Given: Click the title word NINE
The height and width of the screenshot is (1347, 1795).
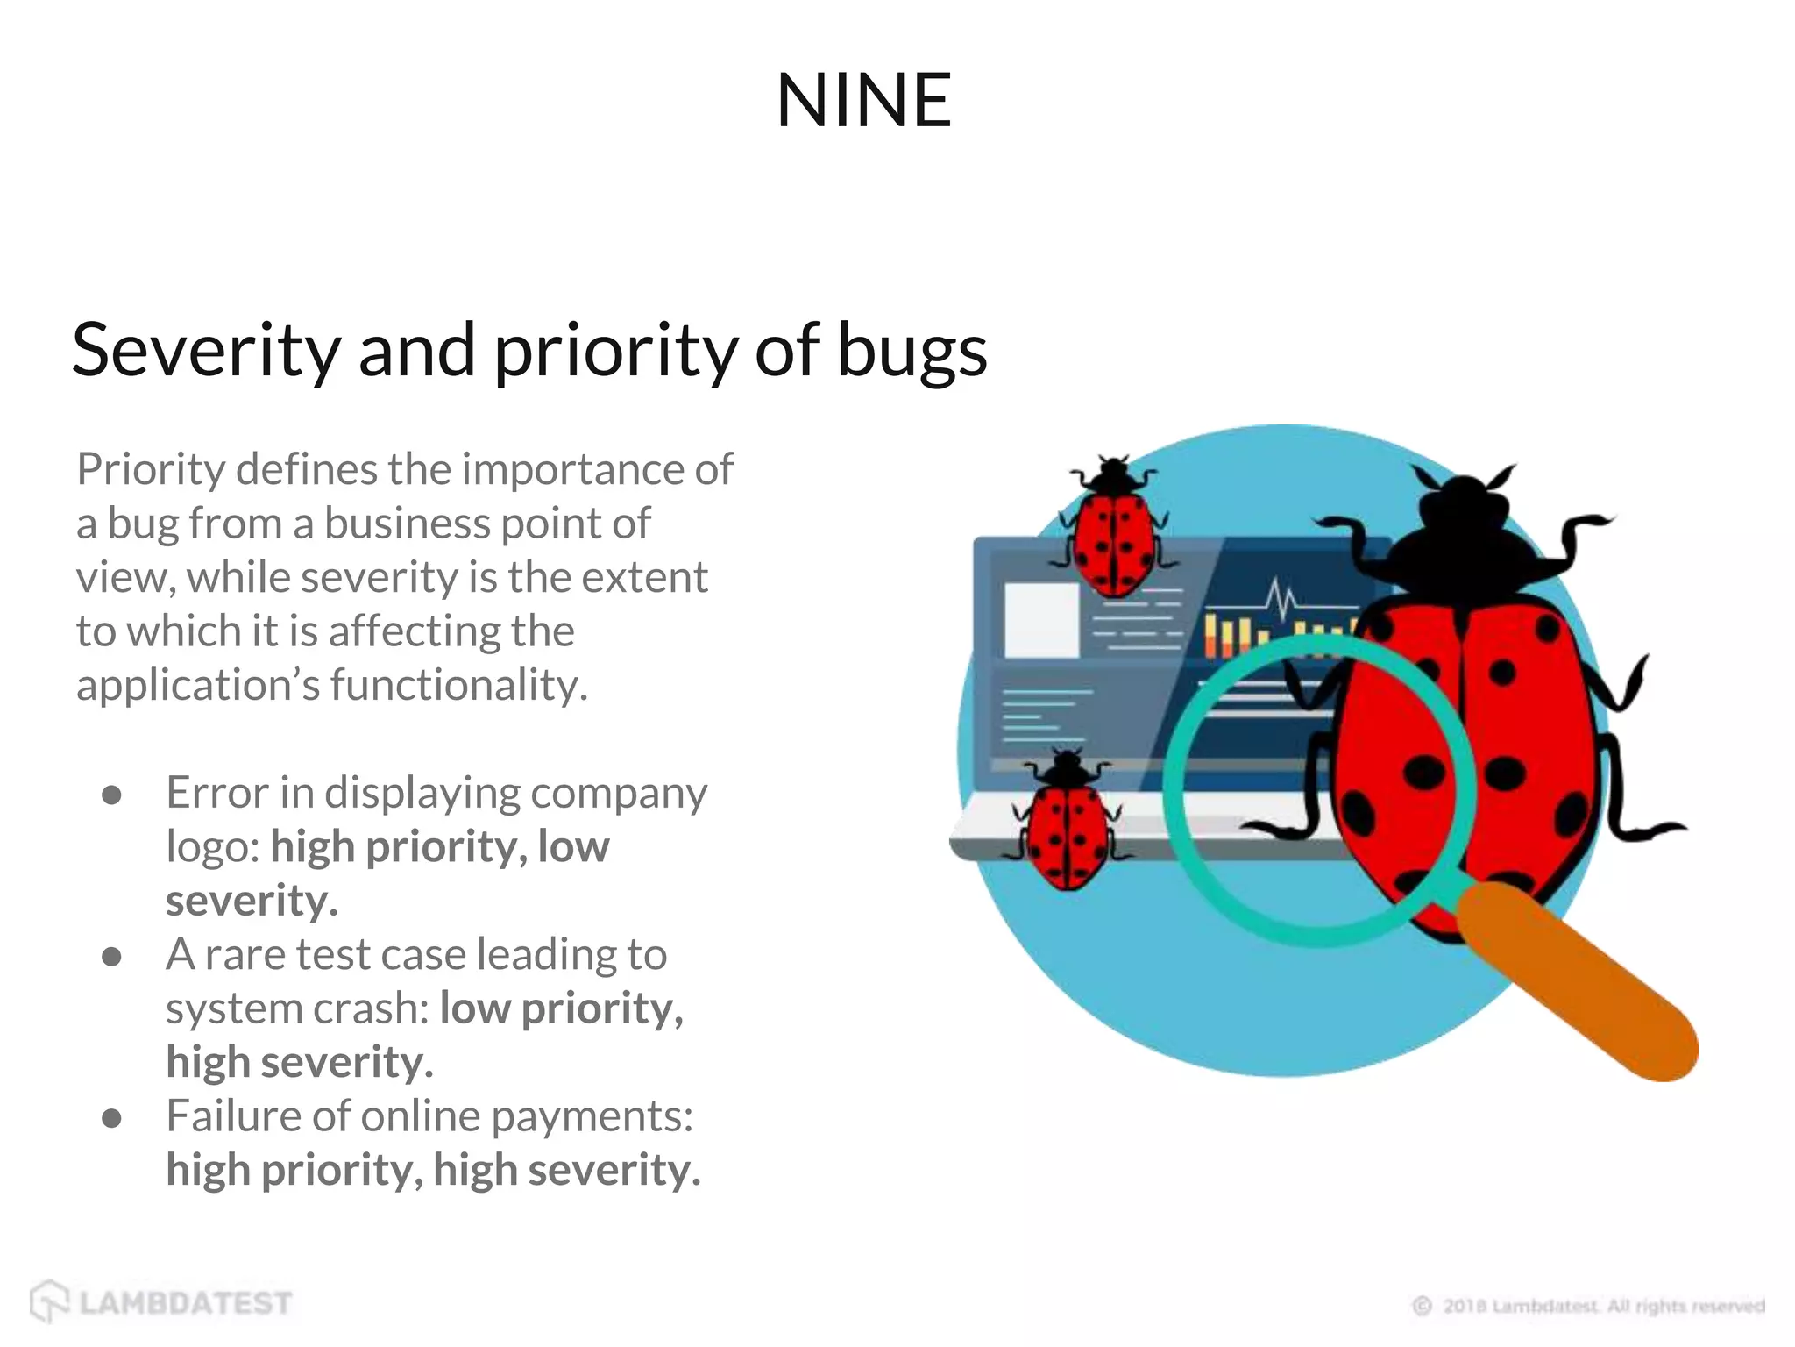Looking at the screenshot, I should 863,101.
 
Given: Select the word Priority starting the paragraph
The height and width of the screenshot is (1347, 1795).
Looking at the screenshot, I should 151,470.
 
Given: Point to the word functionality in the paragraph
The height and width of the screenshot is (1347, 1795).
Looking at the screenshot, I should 458,685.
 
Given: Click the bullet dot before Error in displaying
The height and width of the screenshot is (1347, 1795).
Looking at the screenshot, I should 111,795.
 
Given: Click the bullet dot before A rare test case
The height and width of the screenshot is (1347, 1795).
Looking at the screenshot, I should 111,956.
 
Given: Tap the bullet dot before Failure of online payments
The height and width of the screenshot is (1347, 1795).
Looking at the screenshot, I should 111,1117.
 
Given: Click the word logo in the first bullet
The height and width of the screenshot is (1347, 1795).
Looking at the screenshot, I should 212,848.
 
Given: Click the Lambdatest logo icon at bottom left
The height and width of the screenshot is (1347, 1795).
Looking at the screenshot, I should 49,1301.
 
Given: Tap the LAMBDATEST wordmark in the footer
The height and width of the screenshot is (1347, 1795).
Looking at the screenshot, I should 186,1303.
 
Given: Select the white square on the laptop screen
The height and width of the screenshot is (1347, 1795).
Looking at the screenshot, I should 1041,620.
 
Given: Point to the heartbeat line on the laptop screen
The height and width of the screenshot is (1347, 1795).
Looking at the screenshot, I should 1281,600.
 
